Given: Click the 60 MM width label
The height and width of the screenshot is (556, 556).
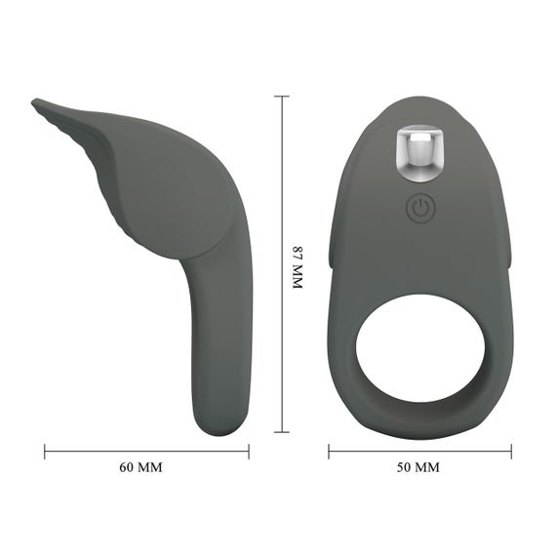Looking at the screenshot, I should [x=140, y=468].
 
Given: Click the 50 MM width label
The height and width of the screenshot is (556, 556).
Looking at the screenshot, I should [x=419, y=468].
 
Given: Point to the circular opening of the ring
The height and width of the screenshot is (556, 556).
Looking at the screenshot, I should [x=419, y=346].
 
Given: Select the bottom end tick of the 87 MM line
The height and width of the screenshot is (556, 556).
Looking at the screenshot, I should [x=282, y=431].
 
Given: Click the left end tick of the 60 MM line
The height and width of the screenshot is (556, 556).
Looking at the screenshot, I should [x=45, y=451].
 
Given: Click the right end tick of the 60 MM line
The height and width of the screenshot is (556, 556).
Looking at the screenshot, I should [x=249, y=451].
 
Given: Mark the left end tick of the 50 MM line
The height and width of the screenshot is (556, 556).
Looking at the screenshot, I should [x=329, y=451].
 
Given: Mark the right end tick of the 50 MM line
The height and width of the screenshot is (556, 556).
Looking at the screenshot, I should [x=511, y=451].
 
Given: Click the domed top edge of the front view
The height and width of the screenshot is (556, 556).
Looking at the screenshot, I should [x=419, y=98].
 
